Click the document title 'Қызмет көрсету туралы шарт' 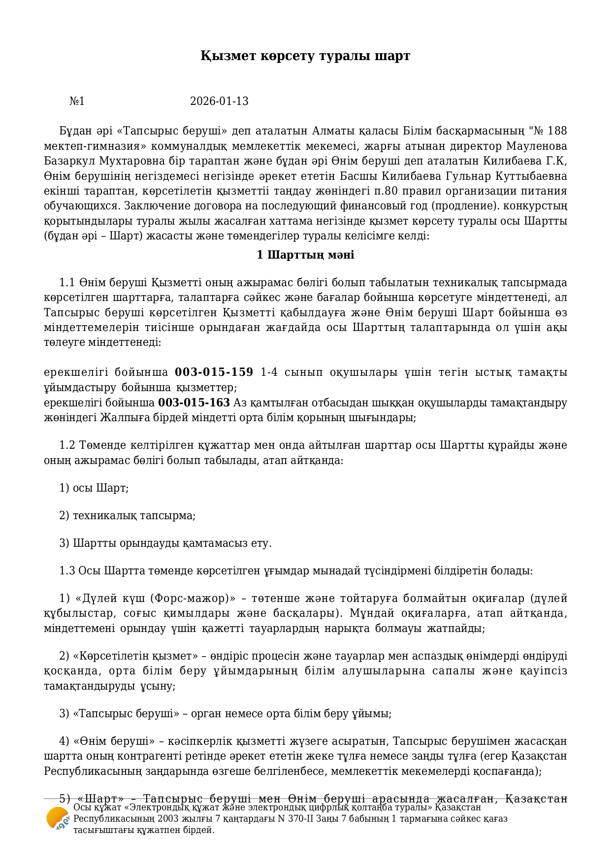(x=305, y=56)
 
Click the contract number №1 (x=77, y=101)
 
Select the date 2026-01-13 (x=219, y=101)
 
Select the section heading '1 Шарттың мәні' (x=305, y=255)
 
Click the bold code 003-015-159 (x=214, y=372)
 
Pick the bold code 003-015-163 (x=194, y=403)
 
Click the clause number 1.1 (x=66, y=283)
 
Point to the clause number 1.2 (x=66, y=445)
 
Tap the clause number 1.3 (x=66, y=571)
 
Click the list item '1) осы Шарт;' (x=94, y=488)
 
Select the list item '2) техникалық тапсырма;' (x=127, y=516)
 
